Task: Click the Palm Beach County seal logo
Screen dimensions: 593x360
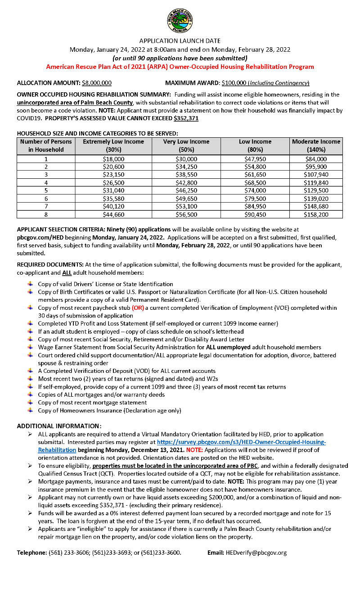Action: (180, 20)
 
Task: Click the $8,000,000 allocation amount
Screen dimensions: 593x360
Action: (97, 83)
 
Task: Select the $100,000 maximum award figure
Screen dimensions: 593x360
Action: (234, 83)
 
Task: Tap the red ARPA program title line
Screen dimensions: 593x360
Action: (180, 67)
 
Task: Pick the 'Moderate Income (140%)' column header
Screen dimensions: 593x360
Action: (316, 145)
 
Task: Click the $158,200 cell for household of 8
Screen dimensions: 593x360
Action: (316, 214)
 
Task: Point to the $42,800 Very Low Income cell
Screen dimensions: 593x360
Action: (186, 183)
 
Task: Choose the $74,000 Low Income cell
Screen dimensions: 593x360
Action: (255, 190)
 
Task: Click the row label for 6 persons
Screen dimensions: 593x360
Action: (46, 199)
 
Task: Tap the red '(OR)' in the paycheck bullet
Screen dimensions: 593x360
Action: (137, 308)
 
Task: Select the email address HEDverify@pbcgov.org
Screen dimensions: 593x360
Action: (256, 552)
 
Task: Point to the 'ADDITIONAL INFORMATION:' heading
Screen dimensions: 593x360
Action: (59, 426)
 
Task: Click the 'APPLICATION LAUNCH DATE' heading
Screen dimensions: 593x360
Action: (180, 41)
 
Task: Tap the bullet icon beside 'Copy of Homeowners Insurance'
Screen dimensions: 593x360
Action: (30, 410)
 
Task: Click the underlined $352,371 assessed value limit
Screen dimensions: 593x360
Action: (186, 118)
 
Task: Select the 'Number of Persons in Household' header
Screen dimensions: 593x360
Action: (46, 145)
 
